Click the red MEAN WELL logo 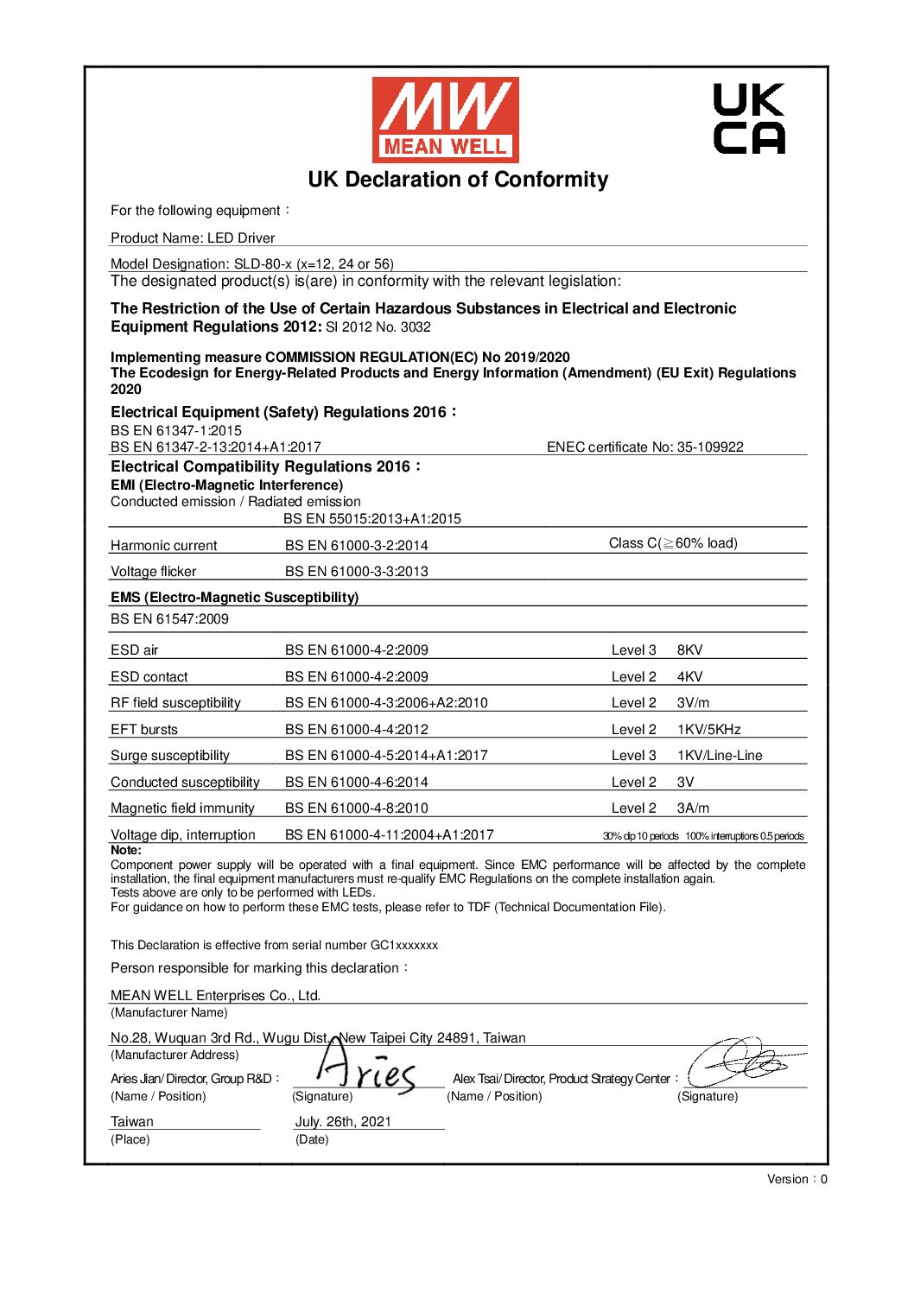445,119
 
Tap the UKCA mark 749,118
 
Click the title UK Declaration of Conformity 458,180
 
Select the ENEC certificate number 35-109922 644,447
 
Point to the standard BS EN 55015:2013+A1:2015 372,518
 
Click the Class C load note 673,543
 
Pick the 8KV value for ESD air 689,650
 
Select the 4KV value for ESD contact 689,677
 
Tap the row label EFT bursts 144,730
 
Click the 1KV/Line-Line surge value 720,756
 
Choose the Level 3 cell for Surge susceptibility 633,756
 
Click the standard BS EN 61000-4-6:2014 357,783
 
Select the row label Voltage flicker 154,572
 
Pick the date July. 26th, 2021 343,1121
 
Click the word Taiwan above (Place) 132,1121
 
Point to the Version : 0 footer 797,1179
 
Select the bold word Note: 126,850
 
